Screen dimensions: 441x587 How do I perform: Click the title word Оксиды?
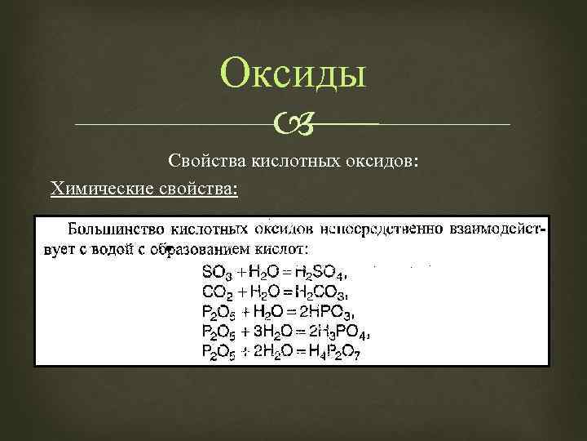click(293, 75)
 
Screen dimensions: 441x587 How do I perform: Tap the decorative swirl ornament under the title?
click(293, 125)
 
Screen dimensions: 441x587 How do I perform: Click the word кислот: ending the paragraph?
click(280, 248)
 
